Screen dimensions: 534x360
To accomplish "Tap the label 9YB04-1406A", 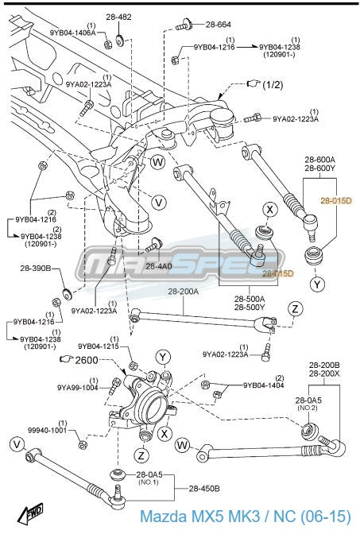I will coord(72,33).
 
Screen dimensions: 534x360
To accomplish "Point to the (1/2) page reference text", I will coord(273,84).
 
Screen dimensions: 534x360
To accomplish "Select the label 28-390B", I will coord(35,270).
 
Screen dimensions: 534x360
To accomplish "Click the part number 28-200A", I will coord(183,292).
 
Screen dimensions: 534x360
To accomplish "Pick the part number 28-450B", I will coord(206,488).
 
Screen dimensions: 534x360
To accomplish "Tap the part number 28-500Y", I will coord(250,308).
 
